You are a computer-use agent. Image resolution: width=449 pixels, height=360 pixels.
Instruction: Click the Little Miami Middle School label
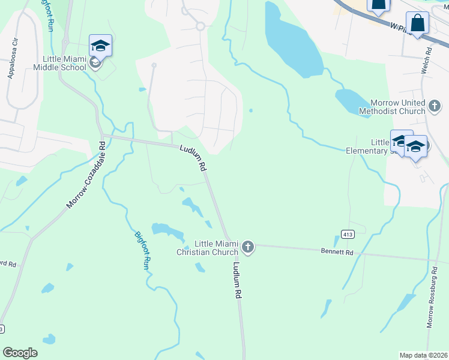(64, 63)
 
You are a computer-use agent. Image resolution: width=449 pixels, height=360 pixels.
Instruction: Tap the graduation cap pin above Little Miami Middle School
(100, 46)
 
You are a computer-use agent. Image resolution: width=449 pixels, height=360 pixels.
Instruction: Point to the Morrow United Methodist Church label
(397, 107)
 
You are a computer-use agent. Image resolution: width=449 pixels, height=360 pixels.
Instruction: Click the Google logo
(20, 352)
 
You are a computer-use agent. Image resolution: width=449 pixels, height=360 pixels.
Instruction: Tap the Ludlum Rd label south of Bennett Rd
(237, 281)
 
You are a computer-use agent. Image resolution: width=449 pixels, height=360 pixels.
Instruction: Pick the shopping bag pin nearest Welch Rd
(417, 23)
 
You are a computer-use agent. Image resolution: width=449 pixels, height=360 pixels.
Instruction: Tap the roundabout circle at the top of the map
(200, 26)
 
